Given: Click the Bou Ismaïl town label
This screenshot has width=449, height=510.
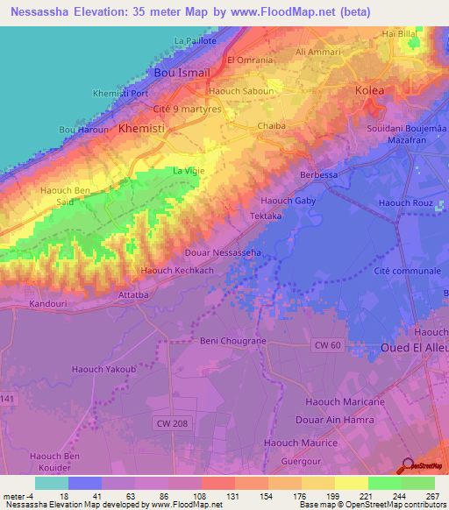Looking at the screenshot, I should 182,74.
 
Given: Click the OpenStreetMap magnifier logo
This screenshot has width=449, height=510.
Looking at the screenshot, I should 406,464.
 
